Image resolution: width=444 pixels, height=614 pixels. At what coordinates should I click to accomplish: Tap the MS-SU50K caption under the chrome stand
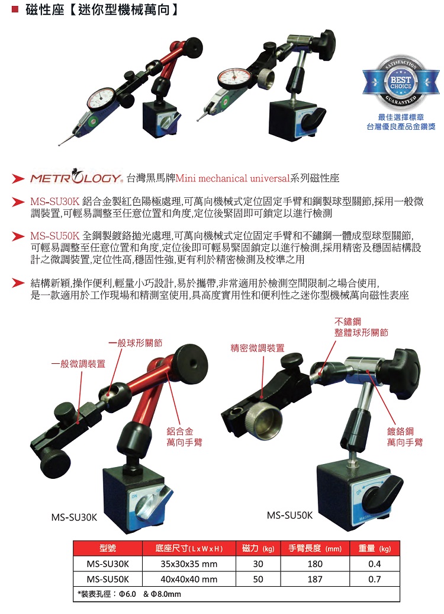(x=289, y=515)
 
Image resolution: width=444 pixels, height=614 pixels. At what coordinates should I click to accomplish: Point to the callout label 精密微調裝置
(x=258, y=348)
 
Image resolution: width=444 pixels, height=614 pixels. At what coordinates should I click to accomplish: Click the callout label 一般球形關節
(x=136, y=343)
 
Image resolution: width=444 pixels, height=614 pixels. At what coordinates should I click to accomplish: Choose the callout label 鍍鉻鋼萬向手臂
(x=405, y=437)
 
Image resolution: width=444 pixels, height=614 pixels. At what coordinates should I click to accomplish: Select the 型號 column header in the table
(x=107, y=548)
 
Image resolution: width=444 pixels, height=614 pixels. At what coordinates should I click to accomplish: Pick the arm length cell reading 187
(x=315, y=579)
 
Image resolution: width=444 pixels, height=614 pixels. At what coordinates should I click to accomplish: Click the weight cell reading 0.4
(x=374, y=564)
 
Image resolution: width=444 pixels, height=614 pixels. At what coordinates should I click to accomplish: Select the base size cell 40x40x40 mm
(x=189, y=579)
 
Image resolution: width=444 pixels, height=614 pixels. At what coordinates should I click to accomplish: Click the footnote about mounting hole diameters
(x=129, y=593)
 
